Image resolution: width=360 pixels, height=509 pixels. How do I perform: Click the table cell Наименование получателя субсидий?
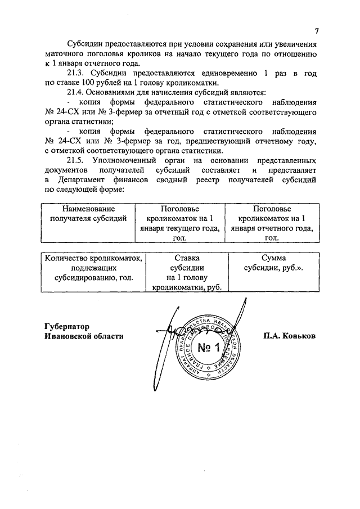coord(89,214)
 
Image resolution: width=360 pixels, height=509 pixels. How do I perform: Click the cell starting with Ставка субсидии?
coord(188,272)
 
